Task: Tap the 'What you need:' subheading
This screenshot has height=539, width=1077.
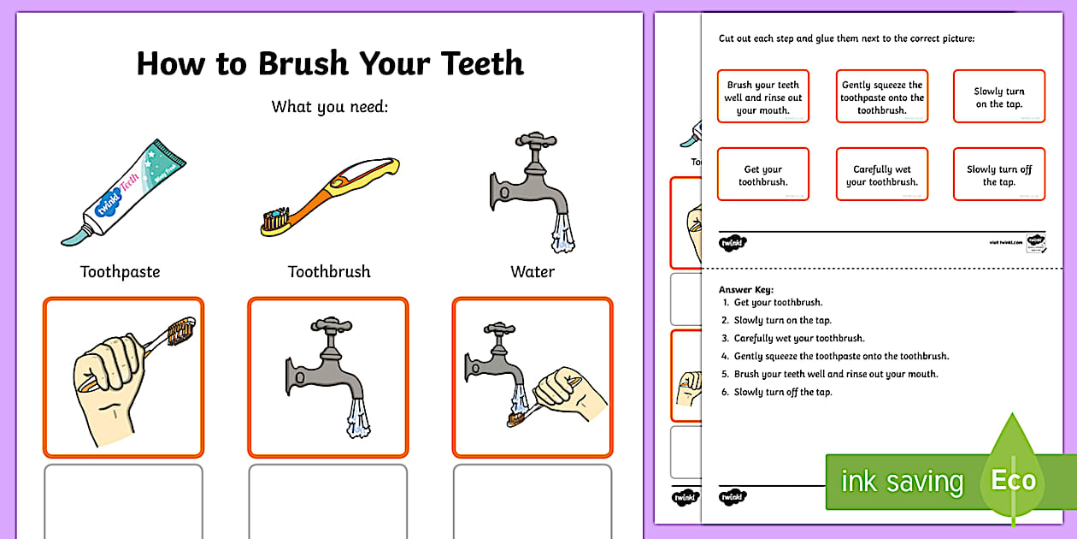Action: (x=329, y=107)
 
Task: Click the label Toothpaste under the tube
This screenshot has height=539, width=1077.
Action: (x=120, y=272)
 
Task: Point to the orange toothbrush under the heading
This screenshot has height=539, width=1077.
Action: (x=329, y=197)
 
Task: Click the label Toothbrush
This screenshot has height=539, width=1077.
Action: (x=329, y=272)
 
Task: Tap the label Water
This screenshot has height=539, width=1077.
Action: (x=533, y=272)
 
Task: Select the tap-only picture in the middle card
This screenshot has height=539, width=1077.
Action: (x=328, y=376)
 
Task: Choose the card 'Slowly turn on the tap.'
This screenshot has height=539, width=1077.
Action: (x=999, y=98)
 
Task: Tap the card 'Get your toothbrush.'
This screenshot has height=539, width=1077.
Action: (x=762, y=175)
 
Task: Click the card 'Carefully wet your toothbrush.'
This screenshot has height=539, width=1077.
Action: (x=881, y=175)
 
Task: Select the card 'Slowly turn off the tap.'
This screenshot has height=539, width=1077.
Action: (x=999, y=175)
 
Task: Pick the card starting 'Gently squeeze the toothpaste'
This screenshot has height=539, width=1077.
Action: (x=881, y=98)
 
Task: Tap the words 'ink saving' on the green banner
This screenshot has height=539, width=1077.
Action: (x=901, y=482)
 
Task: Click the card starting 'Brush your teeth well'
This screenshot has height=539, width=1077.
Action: (x=762, y=98)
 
